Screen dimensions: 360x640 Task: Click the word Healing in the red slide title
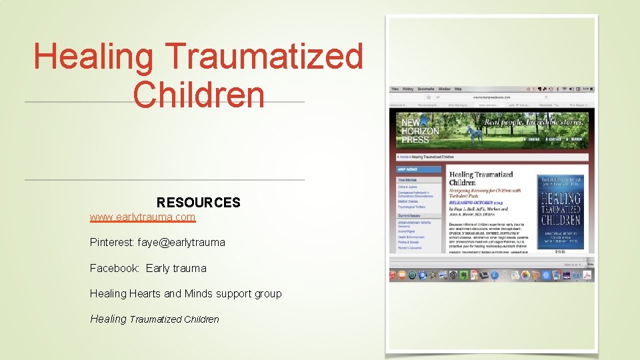point(93,56)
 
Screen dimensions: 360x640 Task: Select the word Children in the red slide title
point(199,94)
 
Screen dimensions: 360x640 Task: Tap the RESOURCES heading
point(198,202)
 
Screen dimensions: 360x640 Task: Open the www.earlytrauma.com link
point(143,217)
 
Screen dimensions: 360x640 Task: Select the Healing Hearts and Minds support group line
point(185,293)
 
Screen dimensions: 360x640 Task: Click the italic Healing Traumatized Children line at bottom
point(154,319)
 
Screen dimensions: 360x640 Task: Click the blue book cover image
point(561,211)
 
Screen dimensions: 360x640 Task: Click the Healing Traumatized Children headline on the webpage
point(481,179)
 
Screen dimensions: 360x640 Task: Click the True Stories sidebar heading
point(407,180)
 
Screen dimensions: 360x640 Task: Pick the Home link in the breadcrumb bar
point(403,157)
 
